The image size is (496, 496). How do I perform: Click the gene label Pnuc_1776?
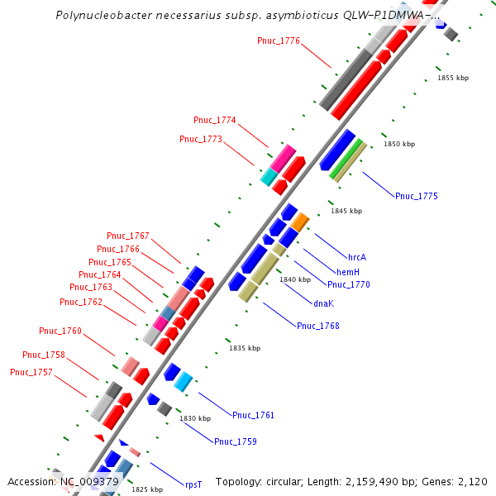[x=279, y=41]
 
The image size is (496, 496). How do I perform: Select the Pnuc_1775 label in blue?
[x=417, y=196]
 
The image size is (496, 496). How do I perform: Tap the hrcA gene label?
[x=357, y=257]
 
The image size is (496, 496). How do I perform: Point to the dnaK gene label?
[x=323, y=303]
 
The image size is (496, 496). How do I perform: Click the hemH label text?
[x=348, y=271]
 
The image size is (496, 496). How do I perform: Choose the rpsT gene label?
[x=193, y=485]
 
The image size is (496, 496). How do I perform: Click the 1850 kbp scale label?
[x=399, y=145]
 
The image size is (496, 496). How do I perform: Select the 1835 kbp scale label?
[x=245, y=348]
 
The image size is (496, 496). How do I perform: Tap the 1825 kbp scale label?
[x=147, y=489]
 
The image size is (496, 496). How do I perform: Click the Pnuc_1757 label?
[x=31, y=372]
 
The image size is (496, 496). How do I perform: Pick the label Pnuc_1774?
[x=215, y=120]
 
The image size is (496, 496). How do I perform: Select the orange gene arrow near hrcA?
[x=299, y=222]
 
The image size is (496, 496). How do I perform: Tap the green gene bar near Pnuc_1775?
[x=347, y=159]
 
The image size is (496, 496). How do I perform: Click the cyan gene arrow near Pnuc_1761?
[x=184, y=381]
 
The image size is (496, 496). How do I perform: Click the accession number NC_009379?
[x=89, y=481]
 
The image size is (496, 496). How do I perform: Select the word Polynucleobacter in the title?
[x=100, y=16]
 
